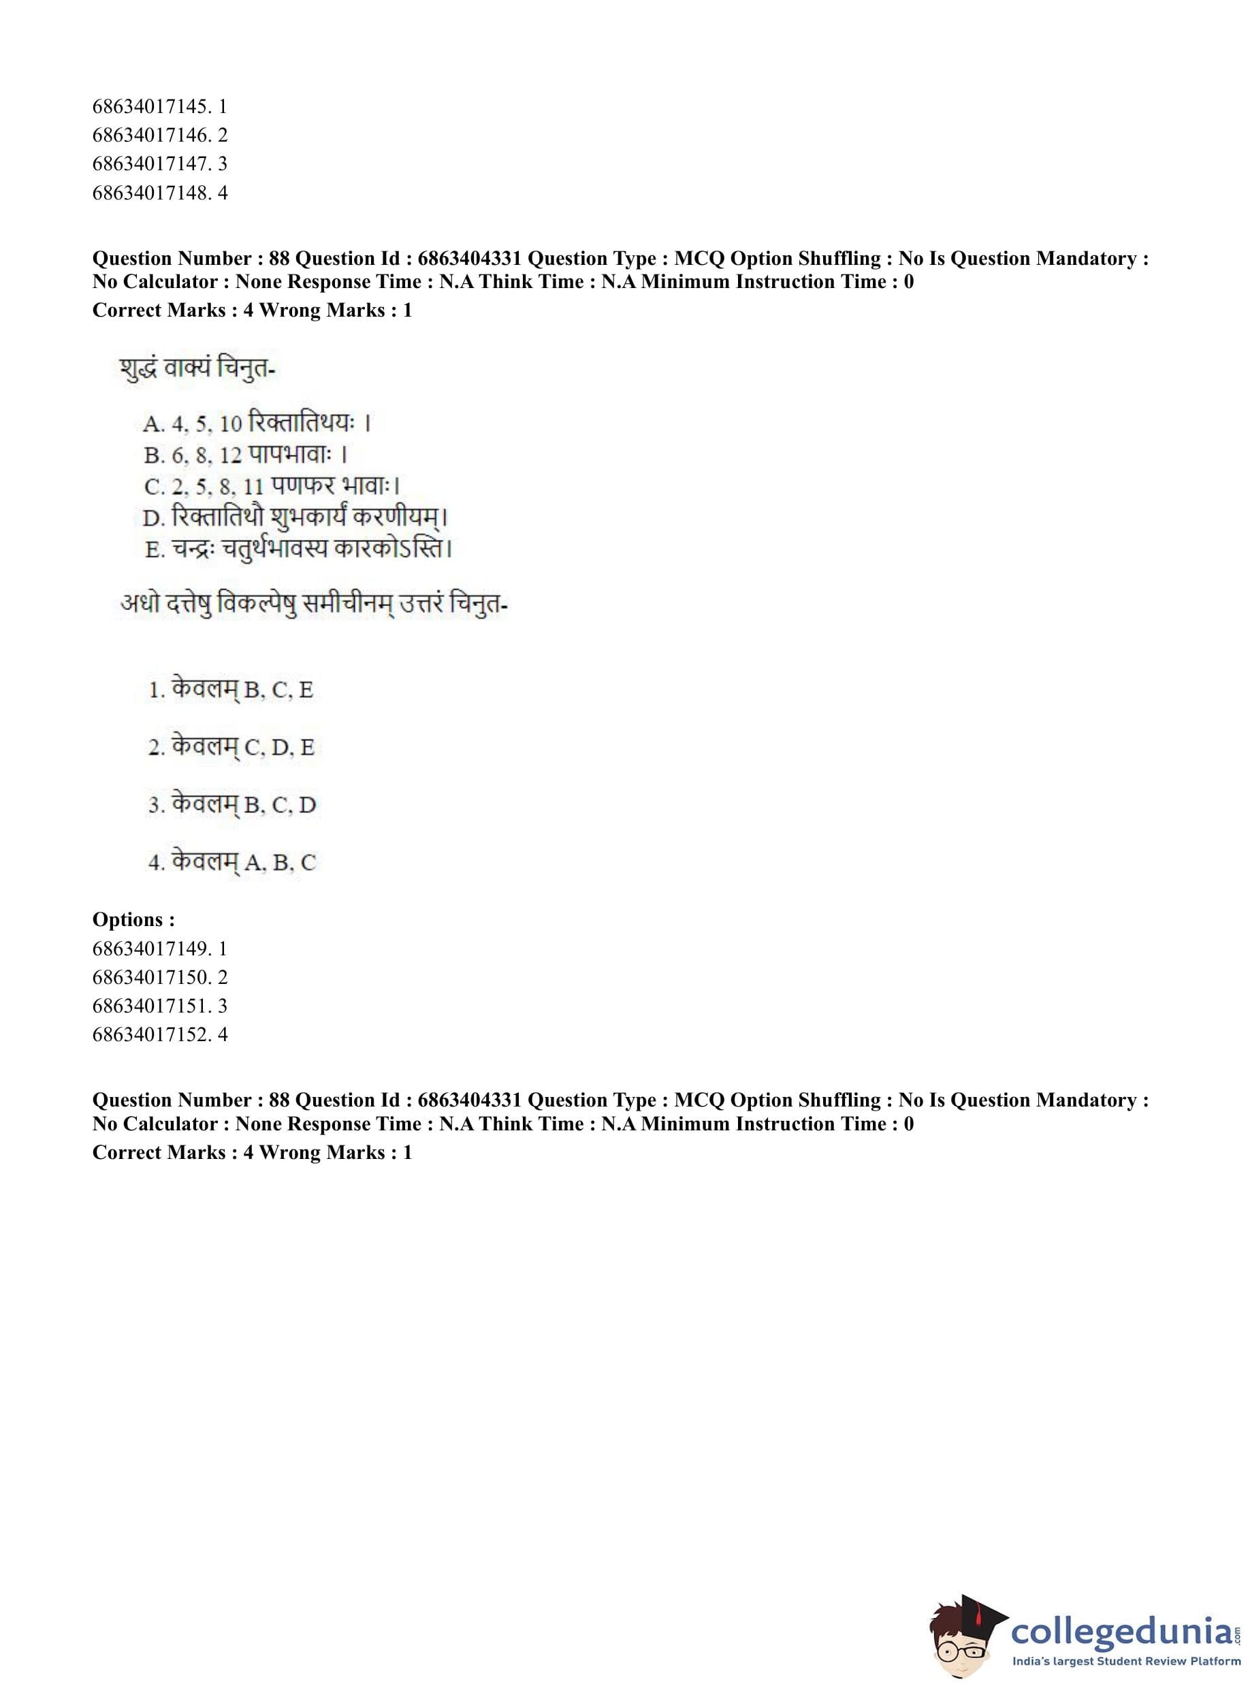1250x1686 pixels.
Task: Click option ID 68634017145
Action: (x=159, y=107)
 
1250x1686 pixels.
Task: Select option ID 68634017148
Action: (x=159, y=193)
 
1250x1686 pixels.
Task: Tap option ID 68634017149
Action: (x=159, y=948)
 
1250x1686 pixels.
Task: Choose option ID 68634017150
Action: (x=159, y=977)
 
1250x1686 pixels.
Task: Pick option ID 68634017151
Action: (x=159, y=1006)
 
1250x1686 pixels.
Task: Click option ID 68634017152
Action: (x=159, y=1034)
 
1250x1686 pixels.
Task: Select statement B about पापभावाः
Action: (x=245, y=454)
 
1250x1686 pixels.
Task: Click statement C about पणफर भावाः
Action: (x=272, y=485)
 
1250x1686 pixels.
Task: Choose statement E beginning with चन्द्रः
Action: (x=298, y=548)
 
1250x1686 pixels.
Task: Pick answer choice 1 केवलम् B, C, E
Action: (x=231, y=689)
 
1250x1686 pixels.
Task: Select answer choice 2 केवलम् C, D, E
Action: (x=231, y=747)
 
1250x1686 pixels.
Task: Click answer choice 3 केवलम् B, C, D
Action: (x=232, y=804)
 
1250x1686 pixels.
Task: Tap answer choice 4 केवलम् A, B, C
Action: (x=232, y=862)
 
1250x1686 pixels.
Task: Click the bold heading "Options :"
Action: (x=134, y=919)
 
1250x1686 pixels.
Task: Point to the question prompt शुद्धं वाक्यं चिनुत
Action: (x=197, y=368)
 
